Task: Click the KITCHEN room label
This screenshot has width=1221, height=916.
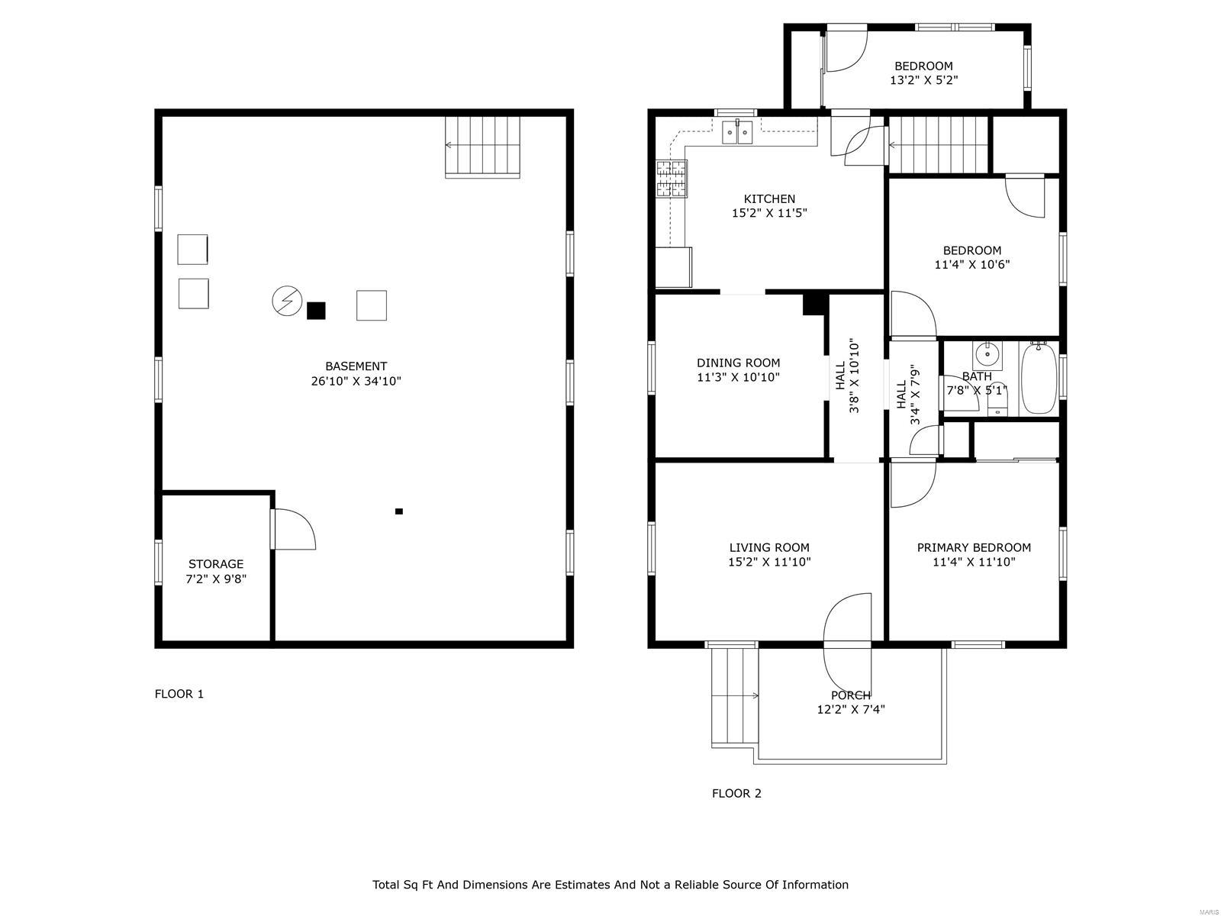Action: pos(768,198)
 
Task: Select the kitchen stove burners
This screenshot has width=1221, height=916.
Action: pos(672,179)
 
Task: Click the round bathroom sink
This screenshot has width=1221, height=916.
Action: pos(987,353)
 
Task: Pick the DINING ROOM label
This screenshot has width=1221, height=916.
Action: pos(738,363)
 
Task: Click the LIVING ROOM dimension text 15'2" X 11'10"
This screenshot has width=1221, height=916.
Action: pos(768,562)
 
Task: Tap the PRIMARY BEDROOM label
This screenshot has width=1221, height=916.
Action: pos(974,547)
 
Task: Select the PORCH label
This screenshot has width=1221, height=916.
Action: pos(851,695)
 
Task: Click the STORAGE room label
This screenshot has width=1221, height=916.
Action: pos(216,564)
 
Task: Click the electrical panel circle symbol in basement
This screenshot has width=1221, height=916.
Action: pos(287,301)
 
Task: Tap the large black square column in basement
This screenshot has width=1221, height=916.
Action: pos(316,311)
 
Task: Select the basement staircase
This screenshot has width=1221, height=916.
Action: pos(482,147)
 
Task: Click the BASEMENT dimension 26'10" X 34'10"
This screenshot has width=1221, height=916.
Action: pos(356,381)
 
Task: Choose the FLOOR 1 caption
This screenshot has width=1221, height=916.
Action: pos(179,694)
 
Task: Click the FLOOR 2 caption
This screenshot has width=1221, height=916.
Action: pos(736,793)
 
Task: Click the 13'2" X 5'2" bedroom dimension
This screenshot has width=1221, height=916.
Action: pos(923,80)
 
